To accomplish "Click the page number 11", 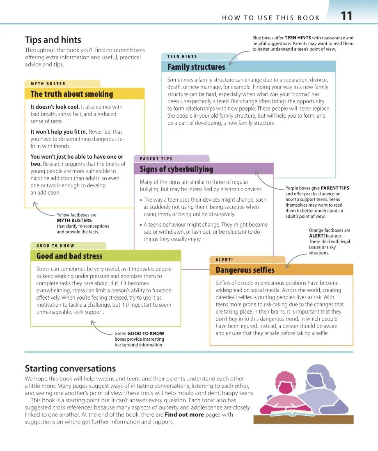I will [346, 16].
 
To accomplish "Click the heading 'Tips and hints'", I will [53, 40].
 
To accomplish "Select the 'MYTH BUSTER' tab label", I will [48, 84].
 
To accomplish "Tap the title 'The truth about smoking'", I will [71, 94].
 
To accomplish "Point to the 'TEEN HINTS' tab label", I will [182, 57].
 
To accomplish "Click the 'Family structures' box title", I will [196, 67].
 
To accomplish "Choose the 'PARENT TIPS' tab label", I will [156, 159].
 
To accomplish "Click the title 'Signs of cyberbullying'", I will [176, 169].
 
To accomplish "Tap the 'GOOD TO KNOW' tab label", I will [55, 246].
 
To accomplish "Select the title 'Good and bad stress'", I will [69, 256].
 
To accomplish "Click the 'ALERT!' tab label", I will [224, 260].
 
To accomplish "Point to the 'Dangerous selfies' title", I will [245, 270].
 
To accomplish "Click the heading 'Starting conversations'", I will [70, 369].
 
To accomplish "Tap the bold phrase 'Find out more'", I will [184, 415].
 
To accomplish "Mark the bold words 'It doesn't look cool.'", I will [55, 107].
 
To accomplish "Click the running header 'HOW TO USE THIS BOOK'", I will [271, 18].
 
